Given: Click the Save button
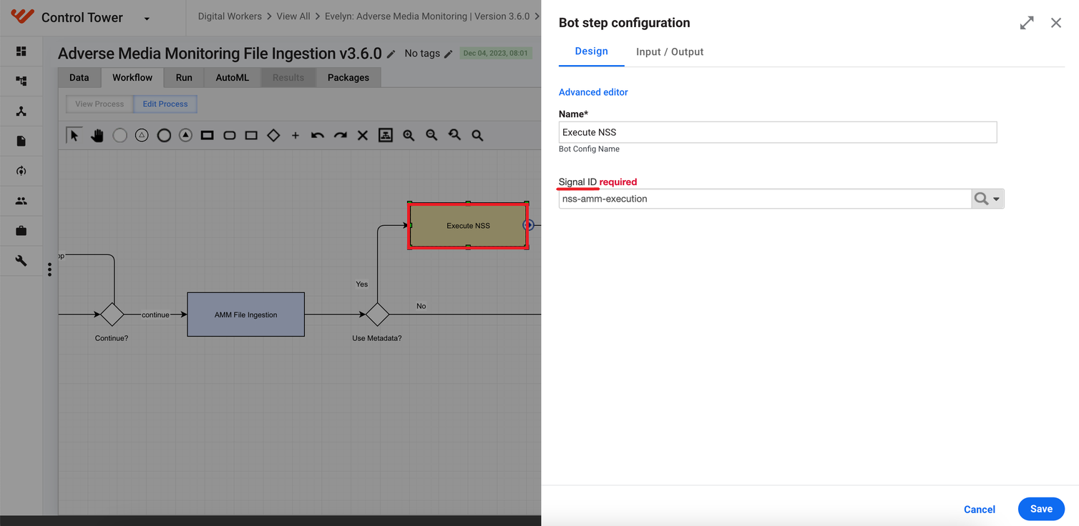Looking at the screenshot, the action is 1041,509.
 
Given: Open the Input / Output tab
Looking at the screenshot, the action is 670,51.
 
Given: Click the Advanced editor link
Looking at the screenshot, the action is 593,92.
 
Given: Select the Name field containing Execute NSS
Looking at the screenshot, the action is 778,132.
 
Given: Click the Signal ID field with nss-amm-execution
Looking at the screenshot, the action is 765,199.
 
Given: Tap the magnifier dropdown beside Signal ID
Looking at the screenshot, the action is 987,199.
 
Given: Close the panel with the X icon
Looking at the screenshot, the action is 1056,23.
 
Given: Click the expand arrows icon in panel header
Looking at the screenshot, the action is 1027,23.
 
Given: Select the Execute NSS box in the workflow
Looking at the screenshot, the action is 468,226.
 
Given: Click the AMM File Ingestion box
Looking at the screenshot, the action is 245,314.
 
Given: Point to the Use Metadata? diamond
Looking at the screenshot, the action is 377,314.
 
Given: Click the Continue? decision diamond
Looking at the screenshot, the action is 112,314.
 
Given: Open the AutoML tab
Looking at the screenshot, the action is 232,77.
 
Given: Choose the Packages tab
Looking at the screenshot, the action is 348,77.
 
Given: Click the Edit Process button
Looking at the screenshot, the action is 165,104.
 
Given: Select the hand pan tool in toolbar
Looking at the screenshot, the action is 97,135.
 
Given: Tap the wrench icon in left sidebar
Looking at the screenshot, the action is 21,260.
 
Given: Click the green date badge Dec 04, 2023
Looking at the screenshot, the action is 496,53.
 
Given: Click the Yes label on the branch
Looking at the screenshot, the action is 362,284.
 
